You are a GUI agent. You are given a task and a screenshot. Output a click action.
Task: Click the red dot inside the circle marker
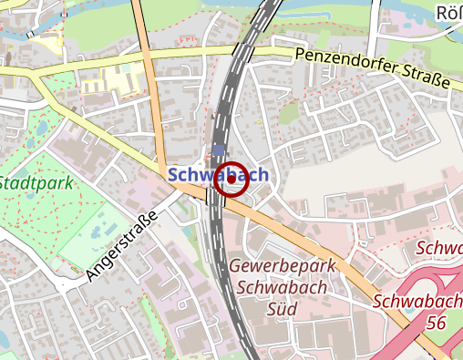pyautogui.click(x=231, y=179)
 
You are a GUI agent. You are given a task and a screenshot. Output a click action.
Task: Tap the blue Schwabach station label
pyautogui.click(x=217, y=173)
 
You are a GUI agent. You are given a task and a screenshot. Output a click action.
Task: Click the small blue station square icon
pyautogui.click(x=217, y=150)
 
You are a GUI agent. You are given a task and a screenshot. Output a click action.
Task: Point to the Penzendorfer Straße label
pyautogui.click(x=373, y=69)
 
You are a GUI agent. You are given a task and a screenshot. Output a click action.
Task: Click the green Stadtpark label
pyautogui.click(x=36, y=182)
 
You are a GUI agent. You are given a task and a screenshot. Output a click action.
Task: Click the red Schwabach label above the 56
pyautogui.click(x=417, y=301)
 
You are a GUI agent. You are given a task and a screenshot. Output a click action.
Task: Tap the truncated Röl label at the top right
pyautogui.click(x=449, y=13)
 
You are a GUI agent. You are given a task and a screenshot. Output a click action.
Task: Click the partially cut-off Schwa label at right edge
pyautogui.click(x=440, y=248)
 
